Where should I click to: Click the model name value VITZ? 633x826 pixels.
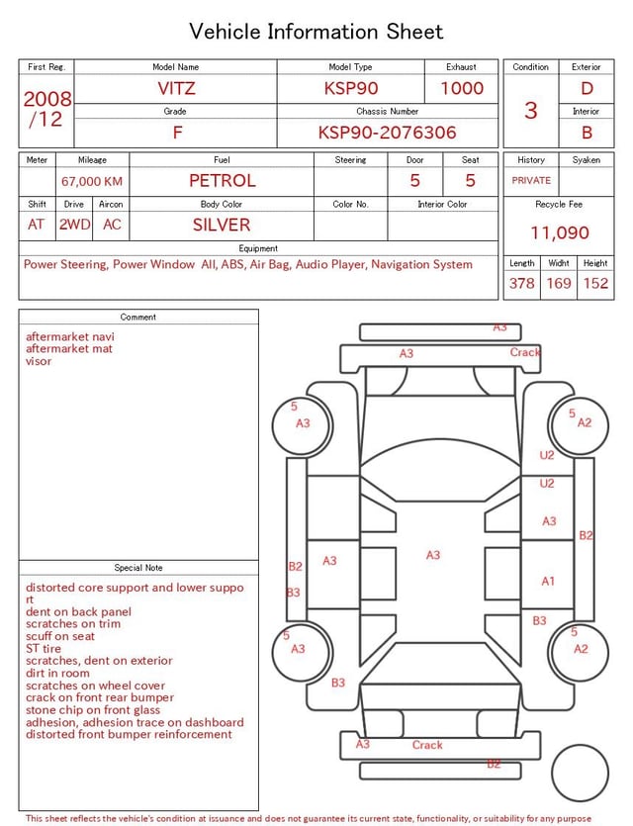[x=176, y=88]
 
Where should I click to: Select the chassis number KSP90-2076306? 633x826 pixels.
[x=387, y=133]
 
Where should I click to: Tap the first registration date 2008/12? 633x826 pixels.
[x=47, y=109]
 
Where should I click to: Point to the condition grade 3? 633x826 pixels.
[x=531, y=110]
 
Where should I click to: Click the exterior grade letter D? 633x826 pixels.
[x=587, y=88]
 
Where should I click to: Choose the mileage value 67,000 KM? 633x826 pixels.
[x=92, y=181]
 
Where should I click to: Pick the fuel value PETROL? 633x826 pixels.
[x=223, y=181]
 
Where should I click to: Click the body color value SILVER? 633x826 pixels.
[x=222, y=225]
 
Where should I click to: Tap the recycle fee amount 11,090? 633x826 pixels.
[x=559, y=232]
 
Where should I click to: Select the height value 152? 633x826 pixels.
[x=595, y=283]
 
